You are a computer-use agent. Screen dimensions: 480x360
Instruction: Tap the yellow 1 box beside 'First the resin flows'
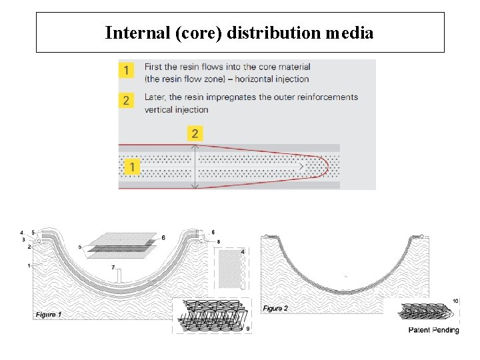pos(127,70)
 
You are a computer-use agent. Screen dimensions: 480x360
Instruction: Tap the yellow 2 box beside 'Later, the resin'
pos(127,100)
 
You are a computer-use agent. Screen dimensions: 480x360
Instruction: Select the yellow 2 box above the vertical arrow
pos(195,134)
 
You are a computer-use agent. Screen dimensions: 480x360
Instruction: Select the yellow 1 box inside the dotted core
pos(133,167)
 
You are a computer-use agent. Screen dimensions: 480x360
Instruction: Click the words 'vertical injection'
pos(176,109)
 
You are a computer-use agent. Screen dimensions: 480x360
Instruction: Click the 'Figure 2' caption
pos(275,308)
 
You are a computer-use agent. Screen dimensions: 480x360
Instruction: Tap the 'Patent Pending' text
pos(433,330)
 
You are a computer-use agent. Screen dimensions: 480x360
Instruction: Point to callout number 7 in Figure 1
pos(113,267)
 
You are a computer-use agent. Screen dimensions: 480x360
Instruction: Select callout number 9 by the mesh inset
pos(248,328)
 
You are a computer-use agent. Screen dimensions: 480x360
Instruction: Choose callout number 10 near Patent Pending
pos(455,301)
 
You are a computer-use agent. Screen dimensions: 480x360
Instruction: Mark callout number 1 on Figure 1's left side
pos(29,265)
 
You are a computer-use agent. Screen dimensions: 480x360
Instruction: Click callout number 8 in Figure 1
pos(219,241)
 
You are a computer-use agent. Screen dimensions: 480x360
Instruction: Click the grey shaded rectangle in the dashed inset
pos(229,269)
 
